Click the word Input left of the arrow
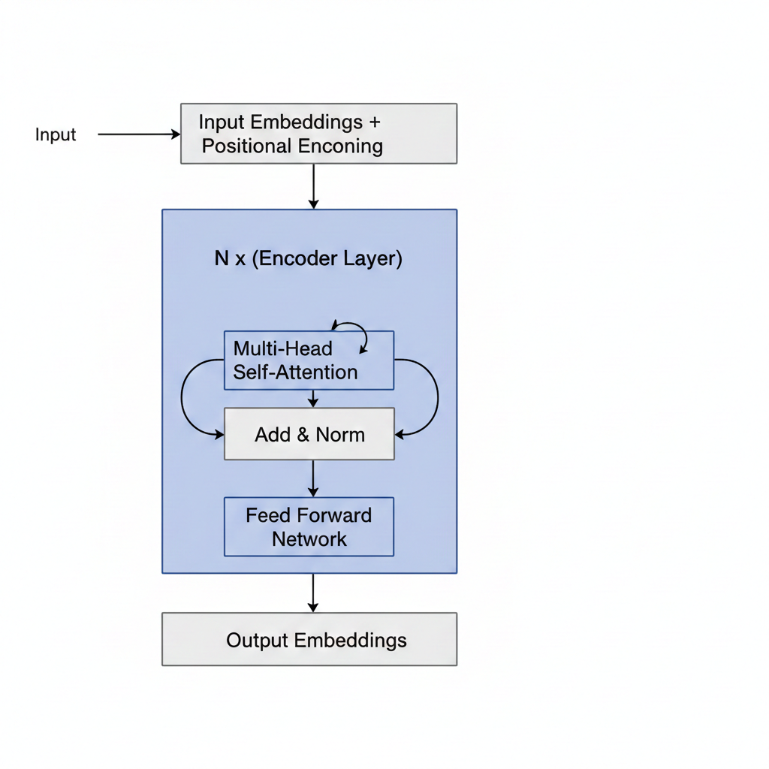(56, 135)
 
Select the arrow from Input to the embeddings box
(139, 135)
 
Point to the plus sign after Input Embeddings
(375, 122)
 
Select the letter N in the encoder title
(222, 259)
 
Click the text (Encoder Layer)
(327, 259)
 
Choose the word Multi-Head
(282, 349)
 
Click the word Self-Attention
(295, 372)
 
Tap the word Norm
(340, 435)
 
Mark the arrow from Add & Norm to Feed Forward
(313, 478)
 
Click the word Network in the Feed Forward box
(309, 539)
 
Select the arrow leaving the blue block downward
(313, 593)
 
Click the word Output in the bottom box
(257, 641)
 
